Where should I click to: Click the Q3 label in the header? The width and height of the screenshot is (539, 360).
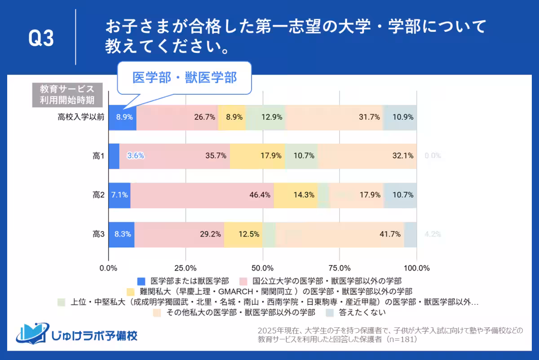(x=41, y=39)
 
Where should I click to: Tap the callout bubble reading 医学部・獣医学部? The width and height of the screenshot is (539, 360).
(x=184, y=78)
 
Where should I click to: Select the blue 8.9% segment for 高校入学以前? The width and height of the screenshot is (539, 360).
(x=122, y=118)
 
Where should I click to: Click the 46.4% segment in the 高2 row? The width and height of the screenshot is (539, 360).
(x=202, y=195)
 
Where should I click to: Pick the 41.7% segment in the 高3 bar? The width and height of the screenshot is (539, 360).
(x=340, y=234)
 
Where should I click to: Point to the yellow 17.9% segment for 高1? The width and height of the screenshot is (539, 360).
(x=257, y=156)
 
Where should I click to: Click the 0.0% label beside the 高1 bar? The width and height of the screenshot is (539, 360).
(x=433, y=156)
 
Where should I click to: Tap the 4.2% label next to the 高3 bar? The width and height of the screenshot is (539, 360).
(x=433, y=234)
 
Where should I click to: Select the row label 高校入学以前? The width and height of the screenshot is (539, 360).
(x=81, y=117)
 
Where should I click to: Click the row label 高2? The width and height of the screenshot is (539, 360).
(x=98, y=195)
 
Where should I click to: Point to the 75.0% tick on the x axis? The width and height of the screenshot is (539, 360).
(x=340, y=268)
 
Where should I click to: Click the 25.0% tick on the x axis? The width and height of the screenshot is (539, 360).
(x=185, y=268)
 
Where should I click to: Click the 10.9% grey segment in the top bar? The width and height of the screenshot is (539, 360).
(x=400, y=118)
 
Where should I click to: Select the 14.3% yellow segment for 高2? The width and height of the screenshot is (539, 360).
(x=296, y=195)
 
